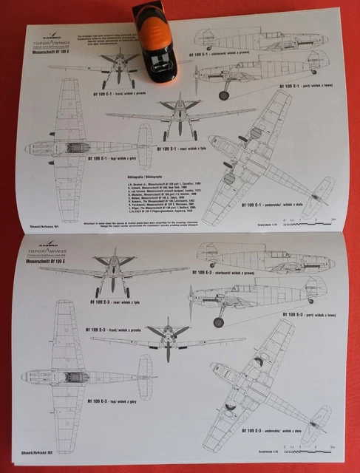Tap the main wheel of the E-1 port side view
(x=223, y=95)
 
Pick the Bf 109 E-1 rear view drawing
(x=179, y=118)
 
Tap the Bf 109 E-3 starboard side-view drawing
(x=262, y=255)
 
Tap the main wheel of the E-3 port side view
(x=219, y=322)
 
